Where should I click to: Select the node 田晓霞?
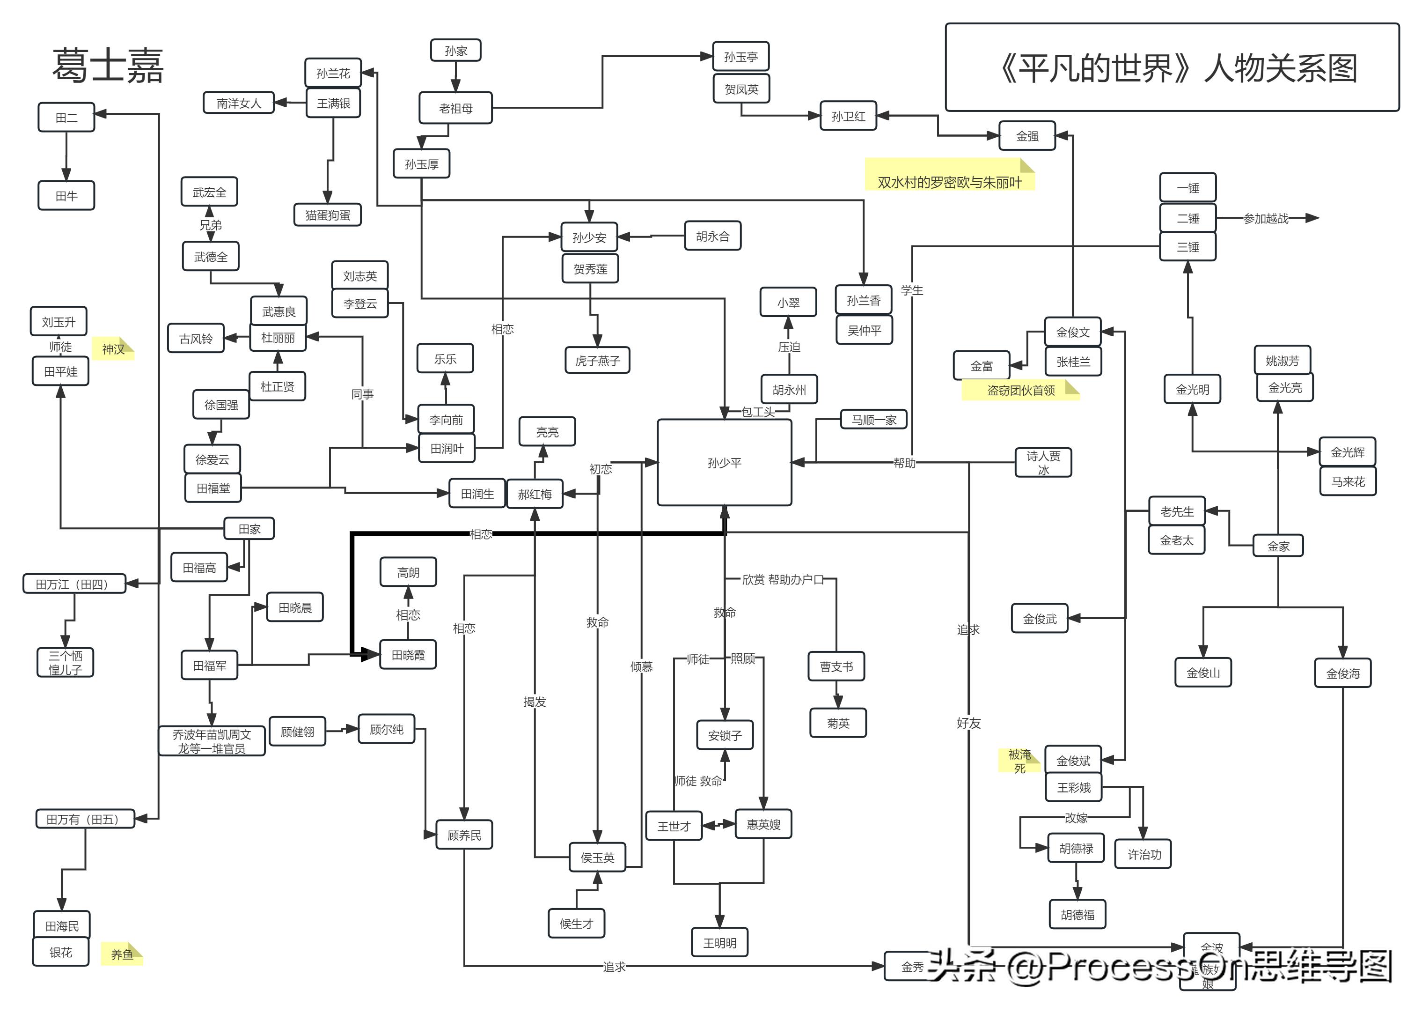pos(408,654)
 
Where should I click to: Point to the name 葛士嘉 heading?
pos(107,66)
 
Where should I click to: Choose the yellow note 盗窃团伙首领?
pos(1020,390)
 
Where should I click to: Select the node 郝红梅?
pos(534,494)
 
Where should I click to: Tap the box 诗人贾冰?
pos(1042,462)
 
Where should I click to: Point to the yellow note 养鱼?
pos(122,954)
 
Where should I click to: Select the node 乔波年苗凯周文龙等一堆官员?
pos(212,741)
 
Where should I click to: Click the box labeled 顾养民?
pos(464,835)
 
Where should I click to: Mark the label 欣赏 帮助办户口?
pos(782,579)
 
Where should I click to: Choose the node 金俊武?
pos(1039,618)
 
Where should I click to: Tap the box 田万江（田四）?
pos(73,584)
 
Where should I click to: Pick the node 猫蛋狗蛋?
pos(327,214)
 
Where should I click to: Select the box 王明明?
pos(719,942)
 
